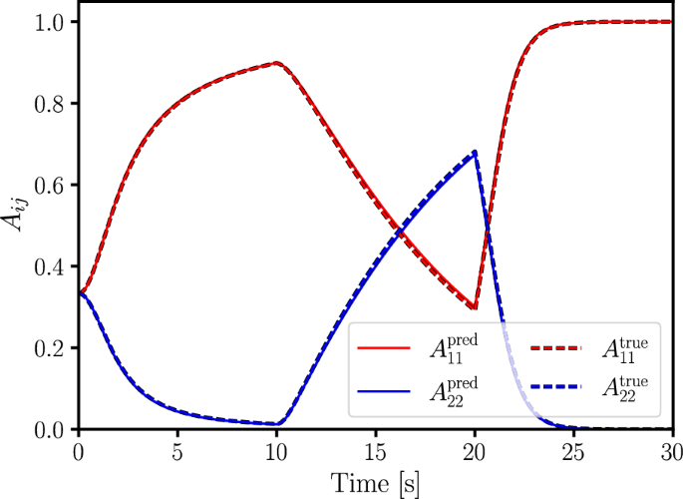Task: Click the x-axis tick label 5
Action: [x=177, y=451]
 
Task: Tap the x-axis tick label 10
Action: [x=276, y=451]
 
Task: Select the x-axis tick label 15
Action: [x=376, y=451]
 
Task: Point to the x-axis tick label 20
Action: [x=475, y=451]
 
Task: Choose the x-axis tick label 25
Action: [x=574, y=451]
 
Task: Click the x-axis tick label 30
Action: [x=672, y=451]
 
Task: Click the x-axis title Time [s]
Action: [x=376, y=483]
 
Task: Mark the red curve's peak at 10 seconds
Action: [x=277, y=63]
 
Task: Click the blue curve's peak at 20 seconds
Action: [x=476, y=152]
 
